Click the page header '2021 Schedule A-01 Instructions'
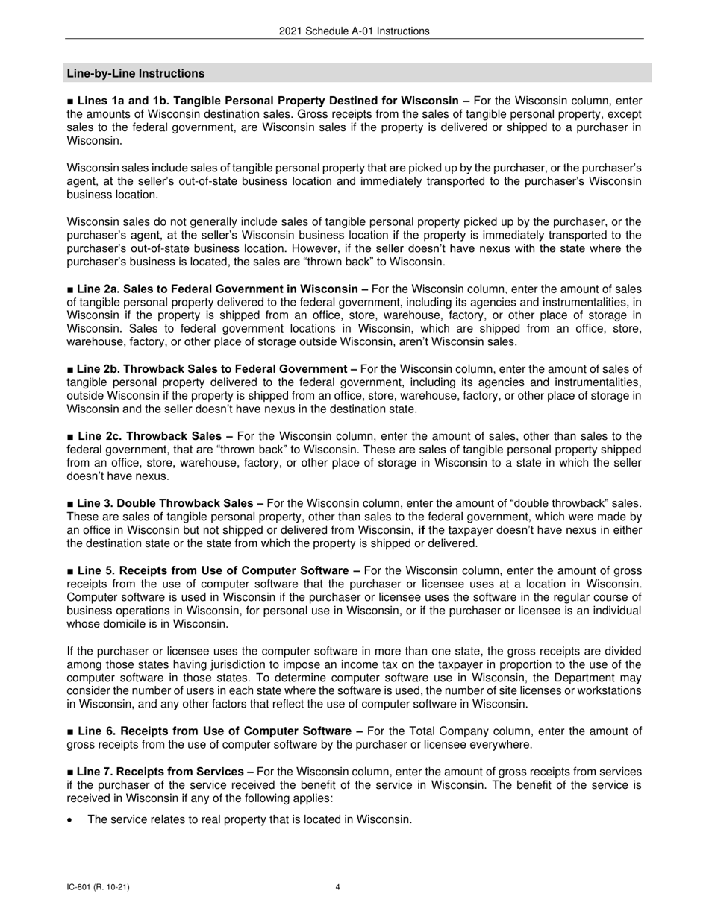tap(354, 31)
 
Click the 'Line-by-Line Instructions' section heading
tap(136, 73)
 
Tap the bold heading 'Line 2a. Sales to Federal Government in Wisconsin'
tap(217, 289)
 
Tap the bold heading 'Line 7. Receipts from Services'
tap(160, 772)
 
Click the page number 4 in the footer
tap(338, 887)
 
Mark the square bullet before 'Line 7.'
tap(70, 772)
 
